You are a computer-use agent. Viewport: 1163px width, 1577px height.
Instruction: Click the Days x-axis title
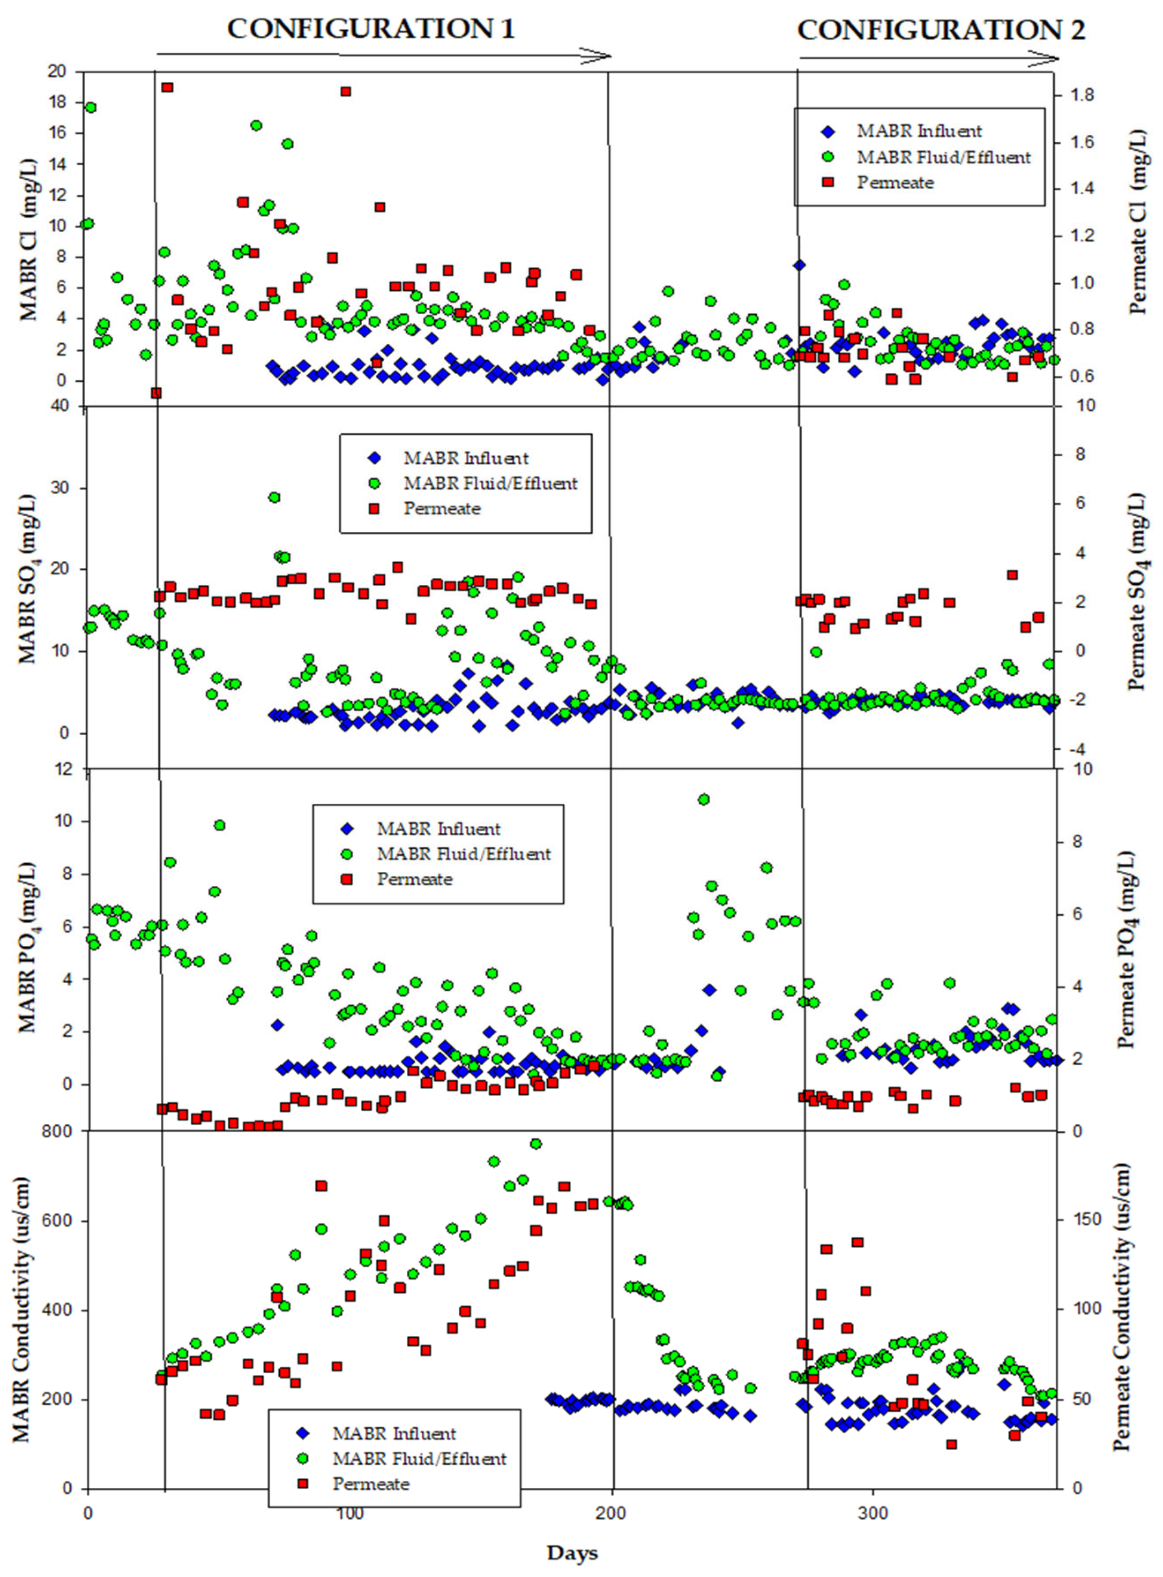[572, 1552]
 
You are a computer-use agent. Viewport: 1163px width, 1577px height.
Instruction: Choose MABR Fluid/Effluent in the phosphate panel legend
[464, 853]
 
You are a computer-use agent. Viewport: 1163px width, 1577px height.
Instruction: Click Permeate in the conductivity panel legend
[371, 1483]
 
